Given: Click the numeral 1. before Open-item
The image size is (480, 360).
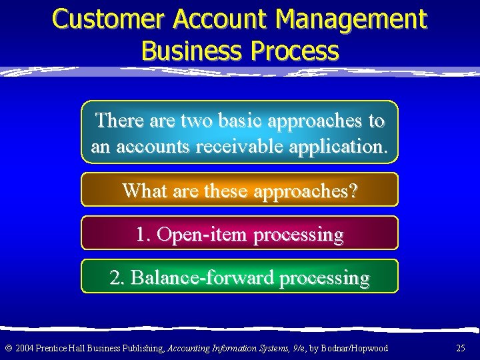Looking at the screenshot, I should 143,235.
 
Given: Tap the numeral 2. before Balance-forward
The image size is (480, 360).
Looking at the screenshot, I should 118,277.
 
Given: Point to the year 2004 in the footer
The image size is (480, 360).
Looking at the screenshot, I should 23,348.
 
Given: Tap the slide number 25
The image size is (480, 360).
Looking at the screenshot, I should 461,348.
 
